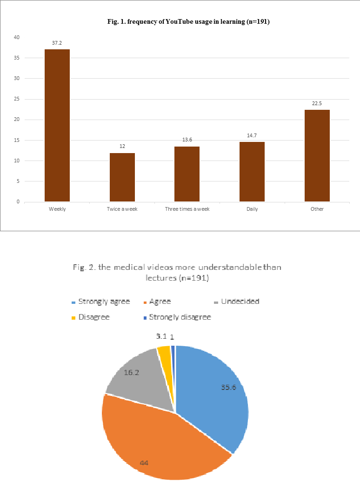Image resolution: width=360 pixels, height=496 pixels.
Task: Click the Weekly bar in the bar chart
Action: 57,126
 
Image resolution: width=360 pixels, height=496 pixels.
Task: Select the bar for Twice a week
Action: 122,177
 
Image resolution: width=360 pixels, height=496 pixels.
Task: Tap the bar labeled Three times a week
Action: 187,174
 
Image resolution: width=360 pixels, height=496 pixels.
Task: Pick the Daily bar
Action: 252,172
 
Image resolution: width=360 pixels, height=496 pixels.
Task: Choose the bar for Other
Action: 317,156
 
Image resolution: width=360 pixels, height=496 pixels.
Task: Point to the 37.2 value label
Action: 57,43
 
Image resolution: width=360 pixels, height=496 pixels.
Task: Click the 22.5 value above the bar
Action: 317,103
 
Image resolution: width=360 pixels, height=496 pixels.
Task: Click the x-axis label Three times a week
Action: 187,209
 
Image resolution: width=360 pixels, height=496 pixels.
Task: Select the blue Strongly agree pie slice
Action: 214,395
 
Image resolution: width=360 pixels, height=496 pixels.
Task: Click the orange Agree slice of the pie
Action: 158,442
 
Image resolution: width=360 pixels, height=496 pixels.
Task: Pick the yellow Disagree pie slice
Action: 165,356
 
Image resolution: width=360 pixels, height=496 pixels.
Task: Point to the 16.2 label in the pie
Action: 132,373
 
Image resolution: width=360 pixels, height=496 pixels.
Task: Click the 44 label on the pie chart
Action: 145,463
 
